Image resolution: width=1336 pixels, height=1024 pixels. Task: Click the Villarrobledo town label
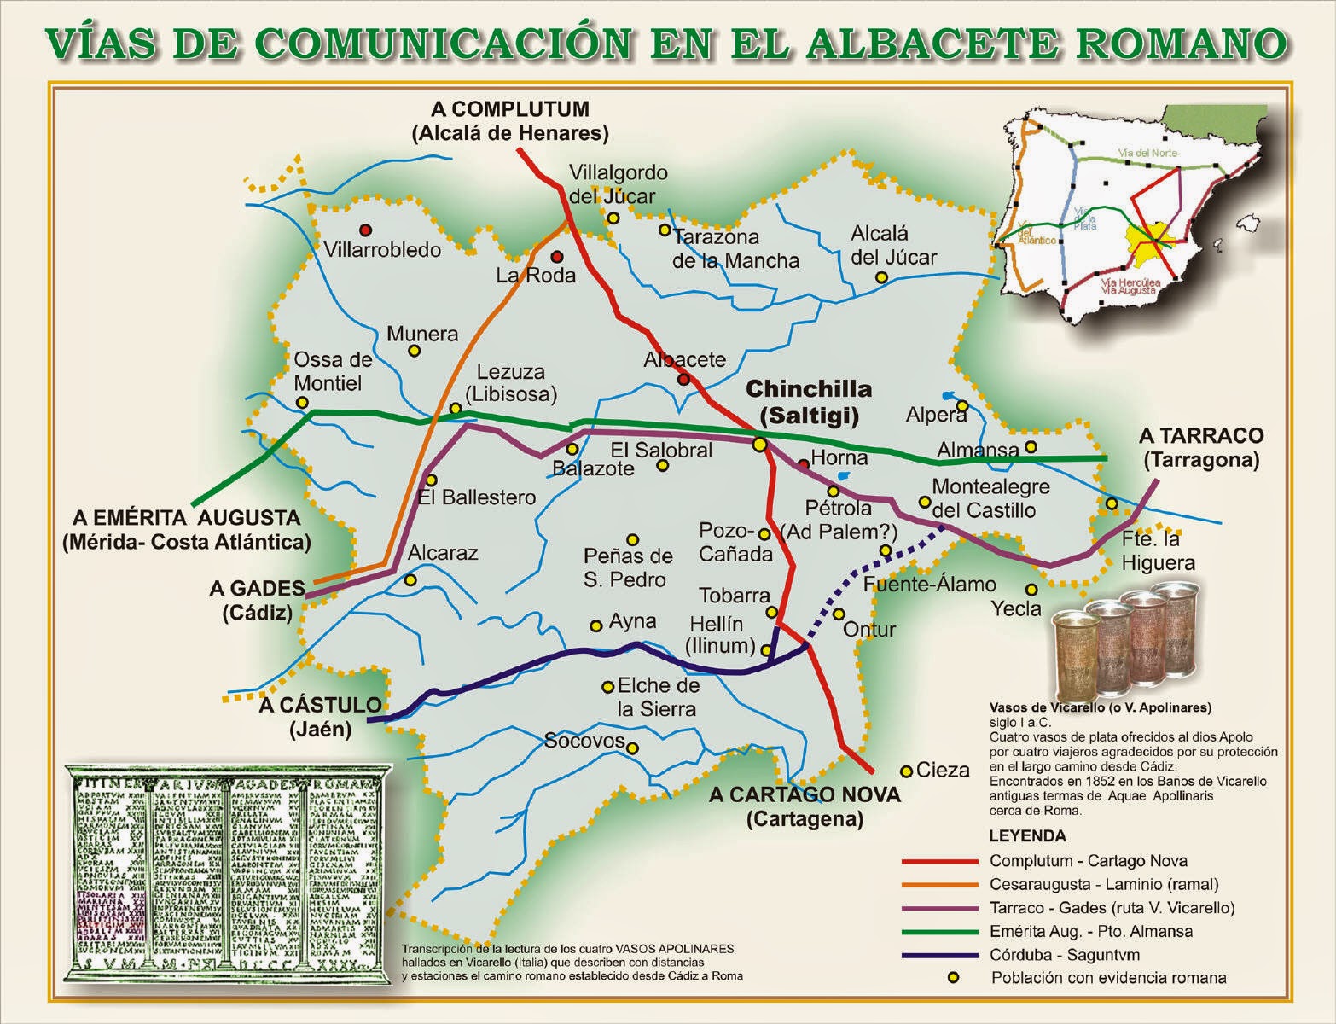[383, 249]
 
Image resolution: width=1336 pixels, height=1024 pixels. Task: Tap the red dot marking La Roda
[557, 256]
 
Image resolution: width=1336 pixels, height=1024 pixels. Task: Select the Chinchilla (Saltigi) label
[809, 402]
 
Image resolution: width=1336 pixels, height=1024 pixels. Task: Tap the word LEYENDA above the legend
[1027, 835]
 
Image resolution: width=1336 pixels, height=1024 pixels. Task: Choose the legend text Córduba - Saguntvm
[1065, 955]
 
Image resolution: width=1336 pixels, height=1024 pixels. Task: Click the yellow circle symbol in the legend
[954, 978]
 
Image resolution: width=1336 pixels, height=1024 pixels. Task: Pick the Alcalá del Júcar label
[893, 245]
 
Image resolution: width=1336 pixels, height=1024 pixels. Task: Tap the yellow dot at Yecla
[1031, 589]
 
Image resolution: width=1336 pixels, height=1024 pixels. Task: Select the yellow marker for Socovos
[632, 748]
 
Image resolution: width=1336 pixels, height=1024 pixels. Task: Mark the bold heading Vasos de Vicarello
[1100, 707]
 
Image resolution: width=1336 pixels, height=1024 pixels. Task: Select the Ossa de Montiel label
[334, 371]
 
